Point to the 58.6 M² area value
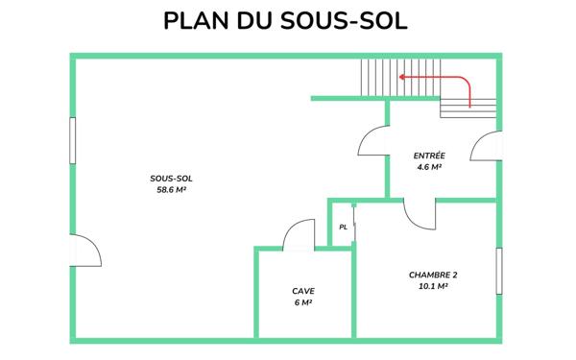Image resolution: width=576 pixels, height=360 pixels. coord(170,190)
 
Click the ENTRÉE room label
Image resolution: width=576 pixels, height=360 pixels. coord(429,156)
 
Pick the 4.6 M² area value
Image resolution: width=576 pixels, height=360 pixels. coord(429,167)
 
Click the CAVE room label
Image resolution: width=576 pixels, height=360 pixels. coord(303,291)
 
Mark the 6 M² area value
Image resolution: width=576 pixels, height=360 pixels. coord(303,302)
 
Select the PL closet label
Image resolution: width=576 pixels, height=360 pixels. coord(343,228)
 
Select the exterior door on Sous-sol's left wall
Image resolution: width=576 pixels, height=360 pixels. coord(85,252)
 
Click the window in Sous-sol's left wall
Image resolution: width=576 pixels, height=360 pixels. coord(73,149)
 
